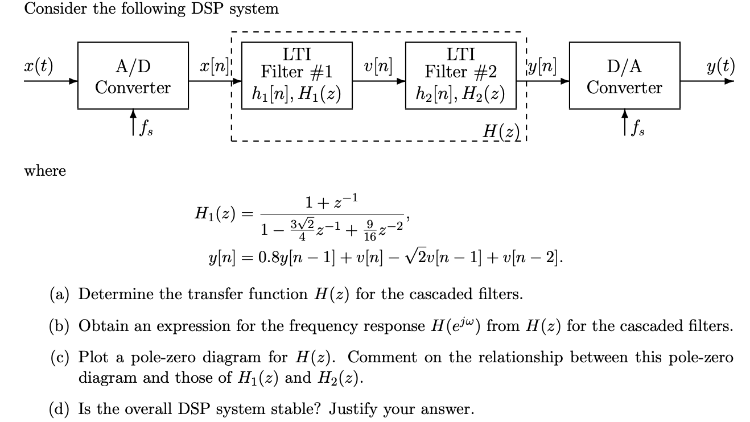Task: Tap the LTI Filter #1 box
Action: [296, 75]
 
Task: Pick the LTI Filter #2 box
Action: [460, 75]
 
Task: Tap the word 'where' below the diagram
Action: [45, 171]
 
